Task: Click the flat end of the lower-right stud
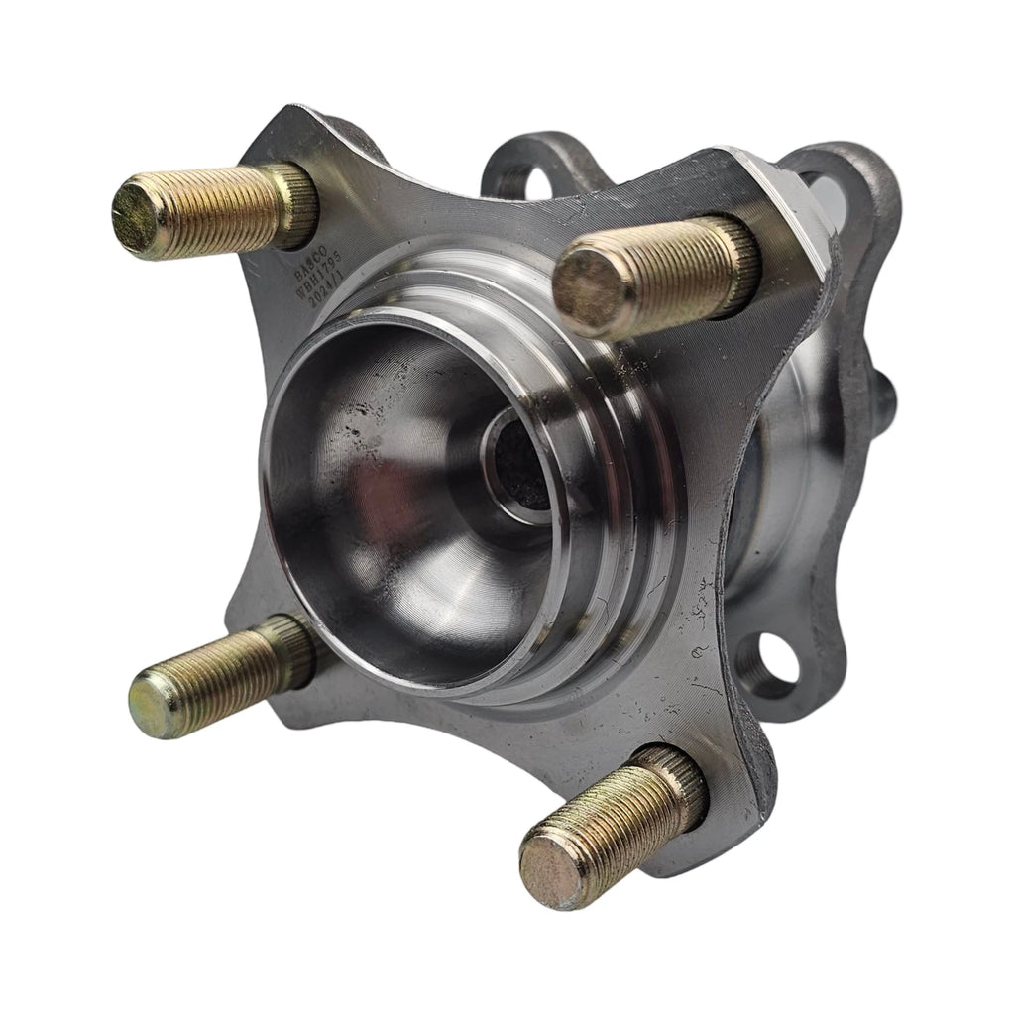(548, 866)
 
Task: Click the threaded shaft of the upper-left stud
(213, 210)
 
